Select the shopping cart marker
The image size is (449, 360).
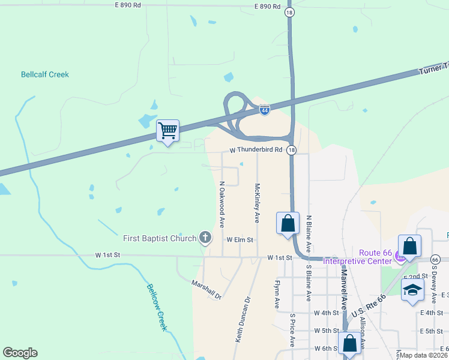[167, 130]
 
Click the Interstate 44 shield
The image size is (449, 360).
[265, 110]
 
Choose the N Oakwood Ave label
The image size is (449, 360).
[221, 204]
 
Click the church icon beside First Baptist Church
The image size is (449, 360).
[205, 238]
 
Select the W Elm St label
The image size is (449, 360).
[241, 239]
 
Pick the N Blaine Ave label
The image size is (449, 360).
[309, 233]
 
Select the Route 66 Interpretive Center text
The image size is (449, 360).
[357, 256]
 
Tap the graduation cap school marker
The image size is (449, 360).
[412, 290]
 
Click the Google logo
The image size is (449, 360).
[20, 353]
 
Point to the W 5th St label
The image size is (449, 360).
[327, 331]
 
